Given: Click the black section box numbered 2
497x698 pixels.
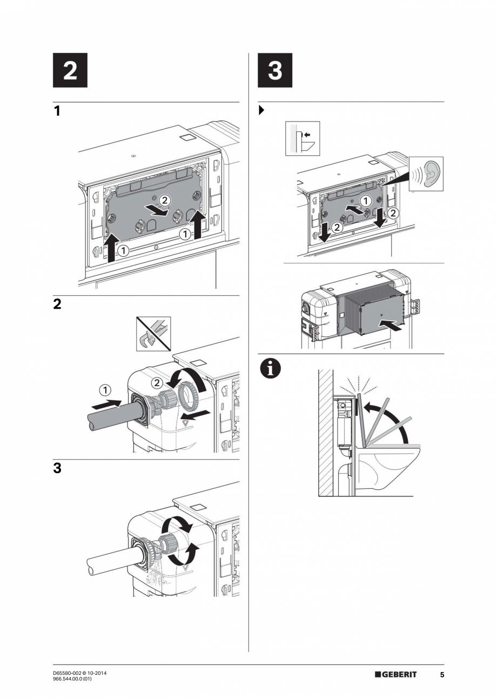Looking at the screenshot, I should [x=70, y=70].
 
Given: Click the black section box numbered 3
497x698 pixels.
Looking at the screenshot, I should [x=274, y=70].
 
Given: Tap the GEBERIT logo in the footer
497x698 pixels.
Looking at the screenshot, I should [x=395, y=674].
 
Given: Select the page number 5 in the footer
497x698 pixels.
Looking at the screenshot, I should [x=441, y=675].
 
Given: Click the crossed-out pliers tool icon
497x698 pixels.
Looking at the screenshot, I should [x=152, y=334].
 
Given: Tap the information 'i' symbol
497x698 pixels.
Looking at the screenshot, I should [x=267, y=369].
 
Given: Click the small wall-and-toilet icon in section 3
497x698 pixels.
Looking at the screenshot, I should [x=302, y=138].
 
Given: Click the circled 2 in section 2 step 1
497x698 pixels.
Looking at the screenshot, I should [x=165, y=200].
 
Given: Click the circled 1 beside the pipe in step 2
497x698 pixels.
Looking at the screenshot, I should [x=105, y=389].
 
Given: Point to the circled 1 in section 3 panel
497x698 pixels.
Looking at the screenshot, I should [x=365, y=201].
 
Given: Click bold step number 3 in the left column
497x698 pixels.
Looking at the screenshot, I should [x=57, y=468].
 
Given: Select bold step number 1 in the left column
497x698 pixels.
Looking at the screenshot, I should [x=57, y=111].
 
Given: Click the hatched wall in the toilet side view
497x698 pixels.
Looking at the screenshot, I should [x=325, y=433].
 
